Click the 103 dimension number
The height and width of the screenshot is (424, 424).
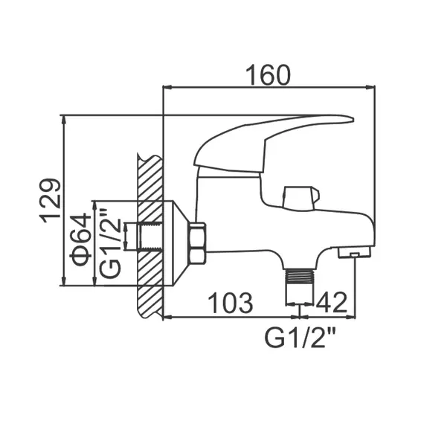228,303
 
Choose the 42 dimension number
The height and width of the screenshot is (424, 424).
333,303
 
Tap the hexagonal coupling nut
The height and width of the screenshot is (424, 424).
198,243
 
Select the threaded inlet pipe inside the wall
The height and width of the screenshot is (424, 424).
149,239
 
